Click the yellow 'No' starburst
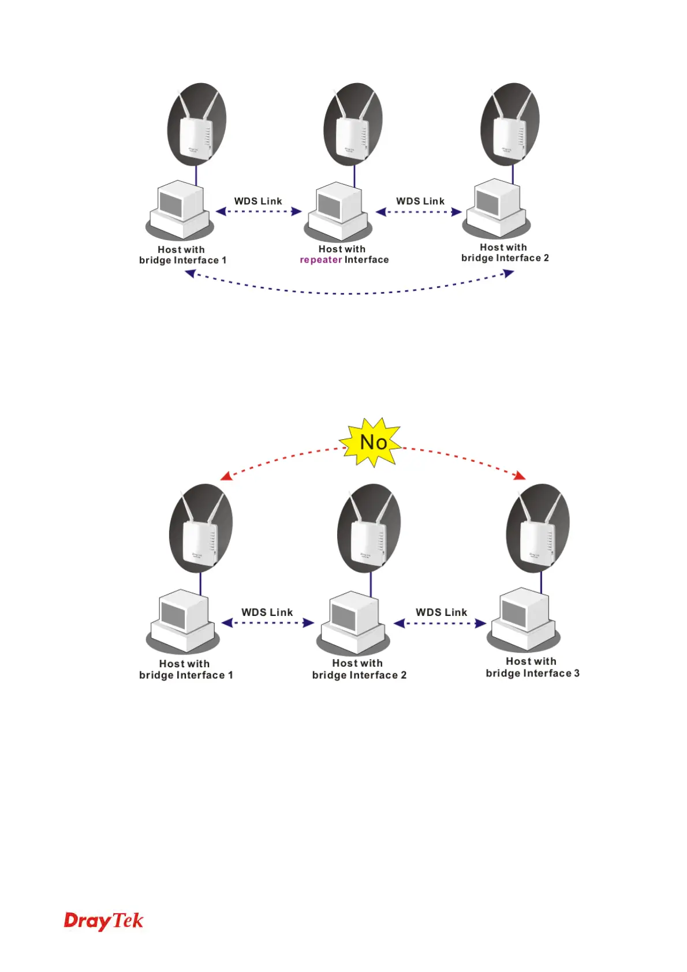pos(373,443)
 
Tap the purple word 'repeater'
pos(321,260)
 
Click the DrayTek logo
pos(103,921)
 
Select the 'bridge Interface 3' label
pos(532,673)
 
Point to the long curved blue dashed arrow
pos(349,292)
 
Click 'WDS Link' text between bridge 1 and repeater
pos(258,201)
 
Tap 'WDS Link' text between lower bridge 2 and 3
pos(441,612)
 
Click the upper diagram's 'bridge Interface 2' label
pos(505,258)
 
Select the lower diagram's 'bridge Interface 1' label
pos(186,675)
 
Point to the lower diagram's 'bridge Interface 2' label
pos(359,675)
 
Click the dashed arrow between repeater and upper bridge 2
pos(419,212)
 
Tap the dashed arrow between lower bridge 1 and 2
pos(267,623)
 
